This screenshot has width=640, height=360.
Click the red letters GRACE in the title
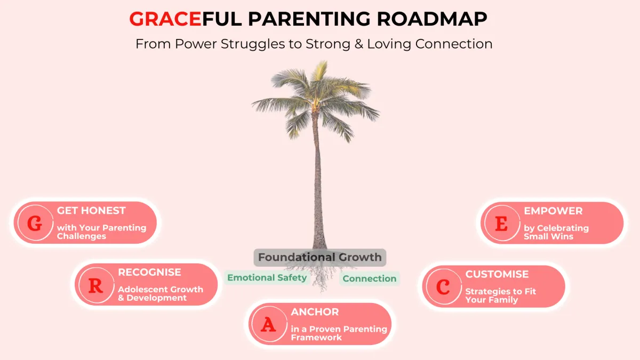(165, 19)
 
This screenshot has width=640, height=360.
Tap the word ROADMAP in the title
(432, 19)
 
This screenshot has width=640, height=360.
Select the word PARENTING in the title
(309, 19)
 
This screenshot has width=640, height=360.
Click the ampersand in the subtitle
(359, 44)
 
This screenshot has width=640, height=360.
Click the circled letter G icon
(35, 223)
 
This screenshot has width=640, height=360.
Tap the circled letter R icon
(96, 285)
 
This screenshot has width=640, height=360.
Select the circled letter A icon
(269, 324)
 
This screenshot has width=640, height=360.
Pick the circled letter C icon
(443, 286)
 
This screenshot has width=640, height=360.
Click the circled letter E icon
(502, 223)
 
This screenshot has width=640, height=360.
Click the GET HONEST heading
(91, 211)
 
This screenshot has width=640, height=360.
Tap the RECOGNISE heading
(149, 273)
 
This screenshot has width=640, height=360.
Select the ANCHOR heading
(315, 311)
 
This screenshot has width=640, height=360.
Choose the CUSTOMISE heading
(497, 274)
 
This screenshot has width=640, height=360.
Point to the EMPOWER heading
(553, 211)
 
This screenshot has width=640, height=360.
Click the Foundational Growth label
(319, 257)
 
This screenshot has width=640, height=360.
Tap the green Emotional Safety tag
(267, 278)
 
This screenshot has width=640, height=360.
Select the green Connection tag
(370, 278)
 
